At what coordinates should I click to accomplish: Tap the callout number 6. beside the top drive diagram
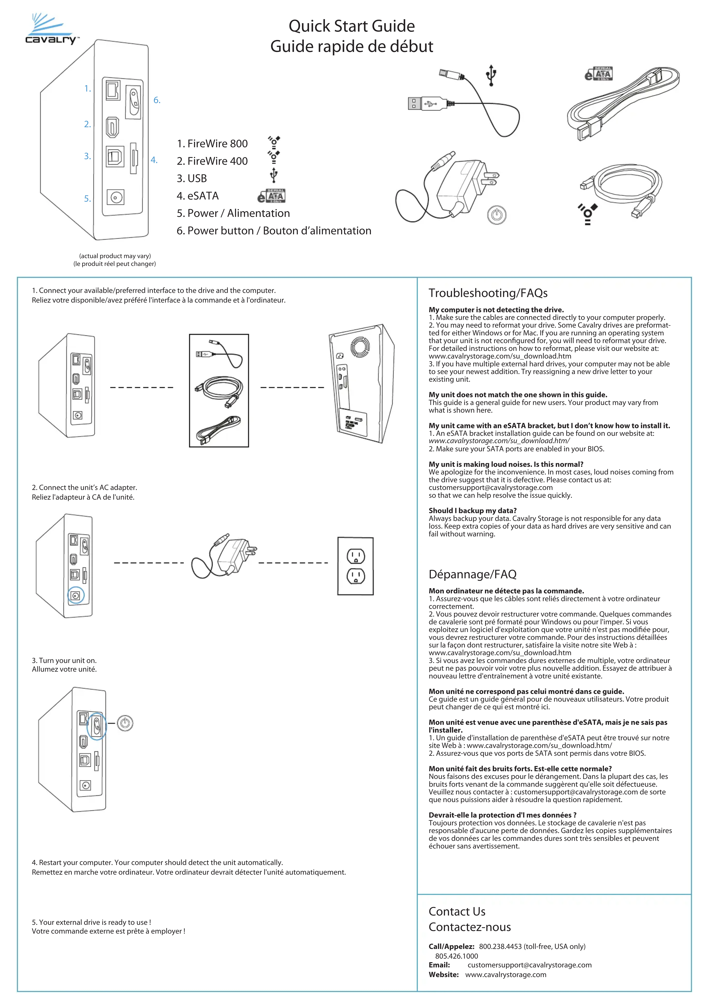click(157, 100)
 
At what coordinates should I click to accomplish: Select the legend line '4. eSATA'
click(198, 196)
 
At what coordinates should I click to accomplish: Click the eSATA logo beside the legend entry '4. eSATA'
click(271, 196)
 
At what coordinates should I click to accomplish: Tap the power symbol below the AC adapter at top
click(496, 215)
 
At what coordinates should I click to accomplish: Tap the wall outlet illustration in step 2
click(355, 566)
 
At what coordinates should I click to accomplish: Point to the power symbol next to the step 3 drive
click(125, 723)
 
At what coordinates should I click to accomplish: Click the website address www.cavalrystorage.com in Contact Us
click(505, 974)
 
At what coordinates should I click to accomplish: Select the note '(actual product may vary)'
click(115, 256)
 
